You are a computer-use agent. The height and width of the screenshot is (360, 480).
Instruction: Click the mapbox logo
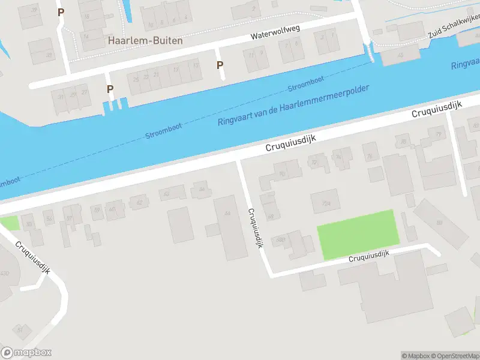(x=26, y=353)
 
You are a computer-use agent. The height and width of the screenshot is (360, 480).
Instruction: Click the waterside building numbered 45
(x=401, y=55)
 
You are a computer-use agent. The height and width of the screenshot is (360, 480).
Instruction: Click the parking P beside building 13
(x=220, y=65)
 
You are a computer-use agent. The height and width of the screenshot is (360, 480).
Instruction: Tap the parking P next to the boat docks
(x=110, y=89)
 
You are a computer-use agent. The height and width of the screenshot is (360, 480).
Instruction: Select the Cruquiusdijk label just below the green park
(x=369, y=256)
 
